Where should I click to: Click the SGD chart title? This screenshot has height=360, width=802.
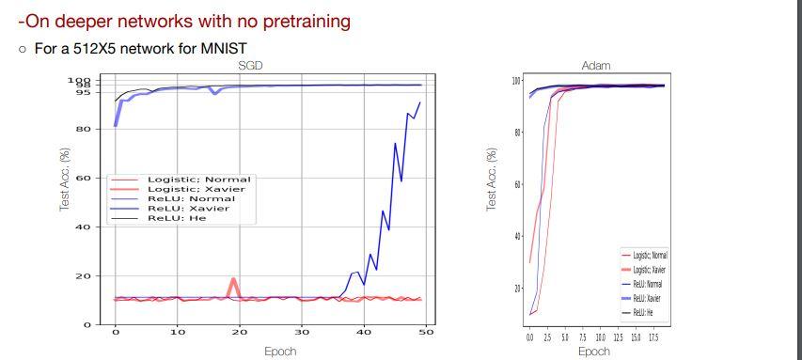pos(249,65)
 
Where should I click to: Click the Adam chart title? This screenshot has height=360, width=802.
pos(596,66)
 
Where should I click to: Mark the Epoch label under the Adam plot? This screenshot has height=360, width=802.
pos(593,352)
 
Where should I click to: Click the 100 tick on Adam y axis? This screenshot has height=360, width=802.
pos(515,81)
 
